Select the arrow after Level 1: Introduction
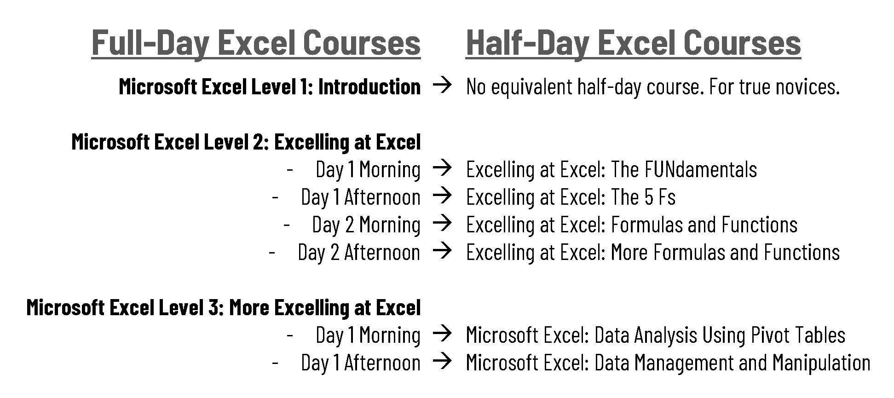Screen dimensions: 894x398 443,86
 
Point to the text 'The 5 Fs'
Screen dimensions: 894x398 643,197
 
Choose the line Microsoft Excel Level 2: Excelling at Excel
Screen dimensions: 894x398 246,142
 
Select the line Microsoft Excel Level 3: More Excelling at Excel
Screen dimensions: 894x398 224,308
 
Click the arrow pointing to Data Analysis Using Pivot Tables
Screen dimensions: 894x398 443,334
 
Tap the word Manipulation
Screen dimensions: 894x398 821,363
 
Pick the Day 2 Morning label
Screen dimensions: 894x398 366,225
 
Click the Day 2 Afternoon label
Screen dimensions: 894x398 359,252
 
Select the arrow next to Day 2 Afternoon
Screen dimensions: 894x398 443,251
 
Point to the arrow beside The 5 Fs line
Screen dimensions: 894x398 443,196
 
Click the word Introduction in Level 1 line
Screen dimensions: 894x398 369,87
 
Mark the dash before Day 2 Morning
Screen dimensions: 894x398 287,225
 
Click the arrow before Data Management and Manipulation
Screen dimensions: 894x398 443,362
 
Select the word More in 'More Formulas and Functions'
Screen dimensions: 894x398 629,252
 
